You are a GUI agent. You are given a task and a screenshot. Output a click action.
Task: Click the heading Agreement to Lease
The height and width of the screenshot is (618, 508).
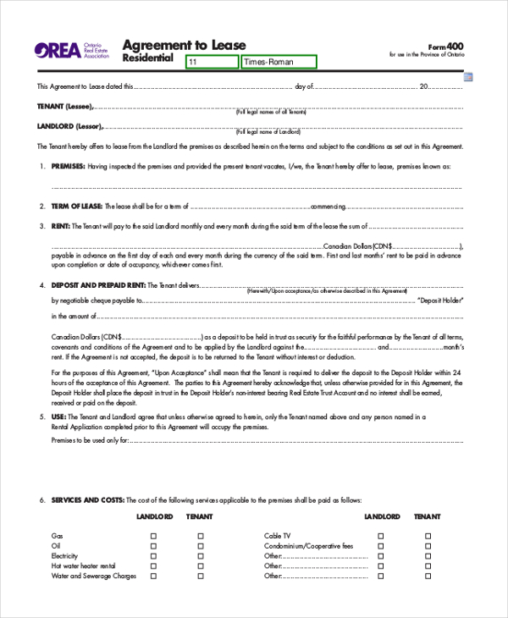tap(184, 45)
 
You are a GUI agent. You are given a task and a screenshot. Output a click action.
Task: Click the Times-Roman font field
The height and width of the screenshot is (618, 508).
tap(278, 62)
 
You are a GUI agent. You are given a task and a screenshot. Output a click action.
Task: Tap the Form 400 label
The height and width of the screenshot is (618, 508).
tap(445, 46)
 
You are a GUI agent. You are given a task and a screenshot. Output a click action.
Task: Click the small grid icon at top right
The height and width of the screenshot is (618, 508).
tap(468, 78)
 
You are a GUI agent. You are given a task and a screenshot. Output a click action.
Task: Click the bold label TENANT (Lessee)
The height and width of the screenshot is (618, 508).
tap(65, 107)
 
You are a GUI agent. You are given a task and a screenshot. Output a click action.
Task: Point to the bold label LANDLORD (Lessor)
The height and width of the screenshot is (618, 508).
tap(70, 127)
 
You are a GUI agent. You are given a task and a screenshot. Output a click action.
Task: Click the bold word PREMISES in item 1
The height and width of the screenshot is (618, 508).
tap(68, 167)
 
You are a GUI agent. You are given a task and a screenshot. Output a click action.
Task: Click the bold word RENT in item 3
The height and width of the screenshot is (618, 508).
tap(60, 226)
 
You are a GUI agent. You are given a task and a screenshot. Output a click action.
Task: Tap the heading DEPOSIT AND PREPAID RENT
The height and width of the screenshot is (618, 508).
tap(98, 285)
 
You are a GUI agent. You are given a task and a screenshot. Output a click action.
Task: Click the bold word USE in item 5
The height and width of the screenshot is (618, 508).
tap(58, 417)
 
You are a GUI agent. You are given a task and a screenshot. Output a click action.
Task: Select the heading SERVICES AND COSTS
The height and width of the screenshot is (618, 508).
tap(88, 500)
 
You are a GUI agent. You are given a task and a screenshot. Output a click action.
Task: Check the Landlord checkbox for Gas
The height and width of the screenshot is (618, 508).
tap(153, 536)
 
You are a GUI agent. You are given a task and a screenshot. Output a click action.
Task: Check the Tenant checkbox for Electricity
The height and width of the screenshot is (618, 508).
tap(201, 556)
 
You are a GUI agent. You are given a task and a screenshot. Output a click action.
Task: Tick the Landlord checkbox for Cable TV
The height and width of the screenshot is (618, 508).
tap(380, 536)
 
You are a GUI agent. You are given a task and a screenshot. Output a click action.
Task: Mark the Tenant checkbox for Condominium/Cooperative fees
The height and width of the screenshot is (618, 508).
tap(428, 546)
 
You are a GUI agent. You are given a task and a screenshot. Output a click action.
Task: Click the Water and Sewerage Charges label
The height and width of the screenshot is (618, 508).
tap(94, 576)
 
